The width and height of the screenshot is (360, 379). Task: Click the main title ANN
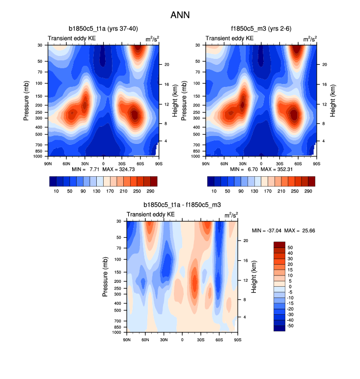coord(180,15)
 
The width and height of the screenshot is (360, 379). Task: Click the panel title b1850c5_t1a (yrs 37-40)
coord(103,29)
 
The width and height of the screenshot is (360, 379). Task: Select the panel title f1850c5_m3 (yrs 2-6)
coord(260,29)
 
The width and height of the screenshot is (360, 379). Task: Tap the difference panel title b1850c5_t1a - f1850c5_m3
coord(182,205)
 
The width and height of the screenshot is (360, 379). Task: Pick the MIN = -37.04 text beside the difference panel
coord(268,230)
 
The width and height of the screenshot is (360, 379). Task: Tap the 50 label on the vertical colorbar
coord(290,248)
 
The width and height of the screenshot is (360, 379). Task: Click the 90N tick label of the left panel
coord(48,162)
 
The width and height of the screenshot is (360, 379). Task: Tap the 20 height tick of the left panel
coord(167,64)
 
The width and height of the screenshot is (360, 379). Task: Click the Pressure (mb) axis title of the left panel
coord(27,101)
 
